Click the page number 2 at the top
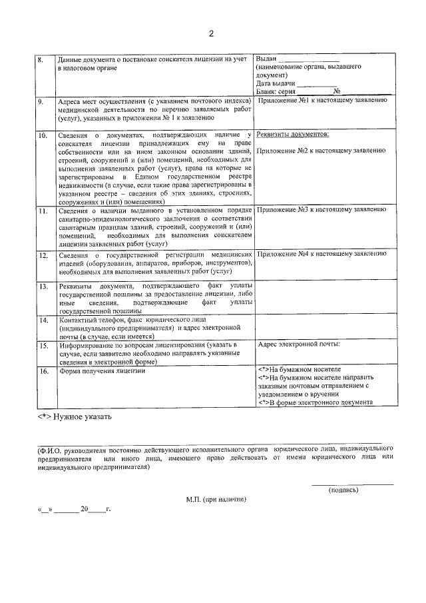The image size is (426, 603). tap(212, 33)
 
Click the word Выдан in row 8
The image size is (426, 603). tap(266, 60)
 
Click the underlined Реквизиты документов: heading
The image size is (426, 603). tap(292, 135)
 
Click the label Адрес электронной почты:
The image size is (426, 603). tap(299, 344)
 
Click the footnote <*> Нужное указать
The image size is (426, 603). tap(75, 417)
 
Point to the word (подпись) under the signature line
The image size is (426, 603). tap(343, 490)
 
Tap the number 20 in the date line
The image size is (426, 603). tap(85, 510)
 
